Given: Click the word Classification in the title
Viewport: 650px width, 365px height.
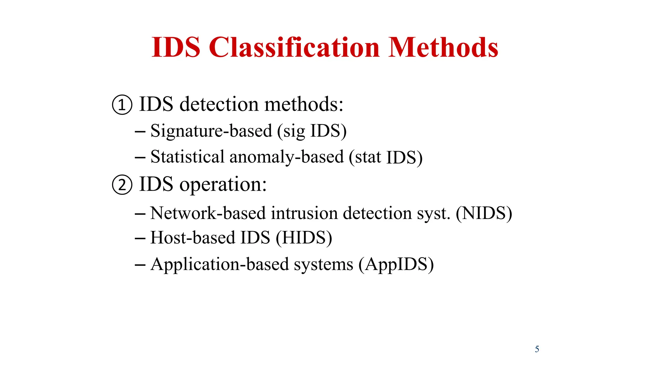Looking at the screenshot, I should (x=294, y=48).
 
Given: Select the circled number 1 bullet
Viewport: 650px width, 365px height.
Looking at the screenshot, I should (x=122, y=105).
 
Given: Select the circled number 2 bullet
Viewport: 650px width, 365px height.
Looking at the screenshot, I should (x=122, y=185).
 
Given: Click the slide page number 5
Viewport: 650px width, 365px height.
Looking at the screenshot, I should (x=537, y=349).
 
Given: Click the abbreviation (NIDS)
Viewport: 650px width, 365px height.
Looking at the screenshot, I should (x=484, y=213).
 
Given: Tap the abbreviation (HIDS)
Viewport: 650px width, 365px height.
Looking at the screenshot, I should (x=304, y=238).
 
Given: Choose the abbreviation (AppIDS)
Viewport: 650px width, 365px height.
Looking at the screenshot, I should (x=396, y=264).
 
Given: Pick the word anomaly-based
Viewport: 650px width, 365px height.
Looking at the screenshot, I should (x=287, y=157).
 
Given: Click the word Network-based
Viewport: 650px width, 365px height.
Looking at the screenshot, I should (x=208, y=213).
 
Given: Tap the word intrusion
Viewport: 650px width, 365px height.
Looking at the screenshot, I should (x=304, y=213).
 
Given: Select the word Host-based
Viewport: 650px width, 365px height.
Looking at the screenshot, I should (x=192, y=238).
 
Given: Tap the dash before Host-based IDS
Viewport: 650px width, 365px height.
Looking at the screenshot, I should (x=140, y=238).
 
